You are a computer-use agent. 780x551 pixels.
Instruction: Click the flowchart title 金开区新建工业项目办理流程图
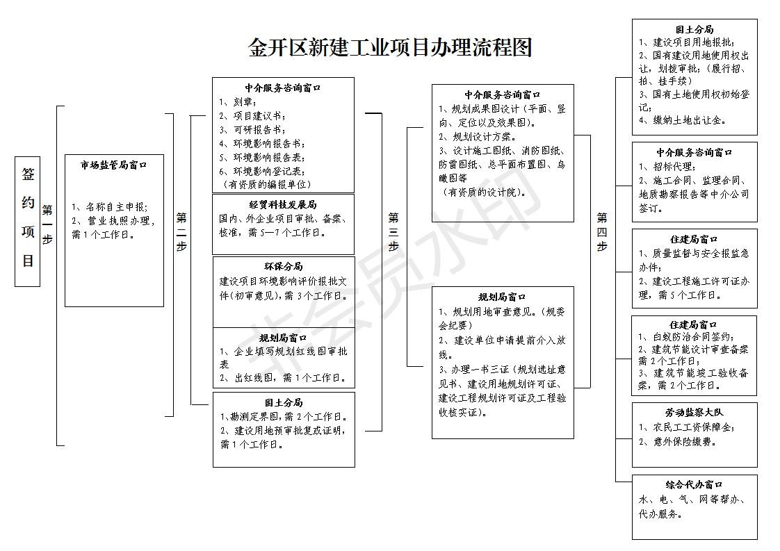pyautogui.click(x=390, y=47)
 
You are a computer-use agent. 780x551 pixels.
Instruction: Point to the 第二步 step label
pyautogui.click(x=181, y=231)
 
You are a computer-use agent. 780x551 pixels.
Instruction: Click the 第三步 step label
pyautogui.click(x=393, y=231)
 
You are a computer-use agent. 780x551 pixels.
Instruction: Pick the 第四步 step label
pyautogui.click(x=601, y=231)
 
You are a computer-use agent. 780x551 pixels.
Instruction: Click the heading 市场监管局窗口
pyautogui.click(x=114, y=165)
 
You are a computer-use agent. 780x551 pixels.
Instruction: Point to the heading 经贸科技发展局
pyautogui.click(x=283, y=205)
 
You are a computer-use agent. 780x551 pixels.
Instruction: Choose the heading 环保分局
pyautogui.click(x=283, y=267)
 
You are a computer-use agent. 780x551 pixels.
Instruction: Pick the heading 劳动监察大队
pyautogui.click(x=694, y=413)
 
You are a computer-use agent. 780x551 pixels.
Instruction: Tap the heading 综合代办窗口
pyautogui.click(x=694, y=484)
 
